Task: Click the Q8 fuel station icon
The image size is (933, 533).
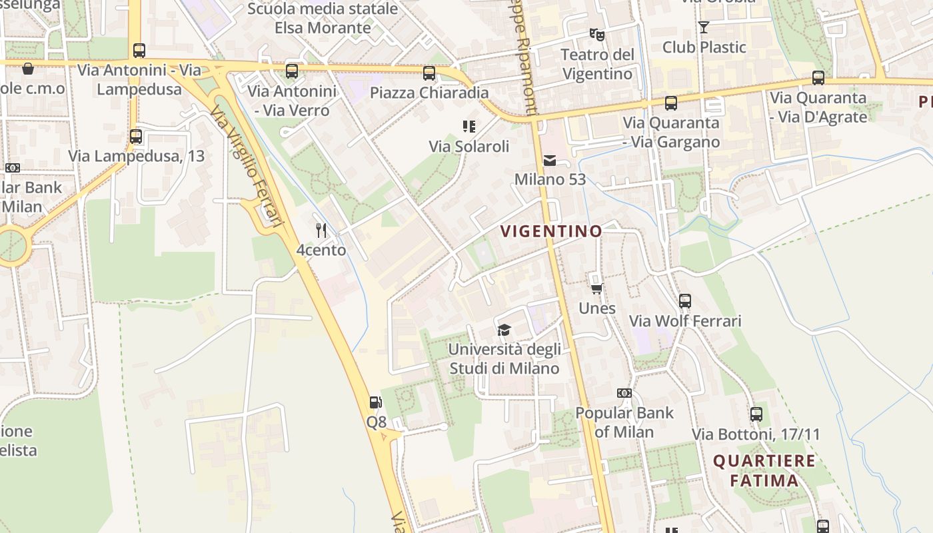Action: [x=376, y=402]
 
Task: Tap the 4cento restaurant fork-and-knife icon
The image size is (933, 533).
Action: [x=321, y=231]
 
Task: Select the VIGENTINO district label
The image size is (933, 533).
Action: [x=551, y=231]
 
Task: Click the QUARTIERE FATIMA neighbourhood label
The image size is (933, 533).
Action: [x=764, y=470]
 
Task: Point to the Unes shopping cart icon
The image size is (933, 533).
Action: [x=597, y=288]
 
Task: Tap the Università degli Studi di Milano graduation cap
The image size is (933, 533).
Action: [x=504, y=330]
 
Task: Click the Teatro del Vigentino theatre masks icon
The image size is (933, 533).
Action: [x=596, y=34]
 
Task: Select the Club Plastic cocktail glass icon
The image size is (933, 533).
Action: [x=704, y=27]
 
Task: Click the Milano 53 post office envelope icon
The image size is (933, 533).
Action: [x=550, y=160]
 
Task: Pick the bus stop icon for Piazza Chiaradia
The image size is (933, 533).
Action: [x=429, y=73]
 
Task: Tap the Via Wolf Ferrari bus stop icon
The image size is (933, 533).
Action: [x=685, y=301]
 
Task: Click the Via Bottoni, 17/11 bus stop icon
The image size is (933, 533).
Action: [x=756, y=414]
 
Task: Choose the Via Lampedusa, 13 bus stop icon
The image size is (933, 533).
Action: [x=136, y=137]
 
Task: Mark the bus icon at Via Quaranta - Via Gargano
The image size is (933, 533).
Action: [x=671, y=103]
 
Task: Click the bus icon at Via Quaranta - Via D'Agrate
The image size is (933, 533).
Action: [x=818, y=78]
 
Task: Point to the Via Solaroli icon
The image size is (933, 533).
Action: [x=468, y=127]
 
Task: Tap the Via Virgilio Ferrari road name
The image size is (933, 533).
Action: [x=247, y=167]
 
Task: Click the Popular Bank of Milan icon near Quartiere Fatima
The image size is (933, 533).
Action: [x=624, y=393]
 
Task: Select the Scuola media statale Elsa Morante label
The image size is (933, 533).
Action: [x=323, y=19]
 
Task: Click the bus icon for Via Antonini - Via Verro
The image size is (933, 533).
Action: [x=292, y=71]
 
